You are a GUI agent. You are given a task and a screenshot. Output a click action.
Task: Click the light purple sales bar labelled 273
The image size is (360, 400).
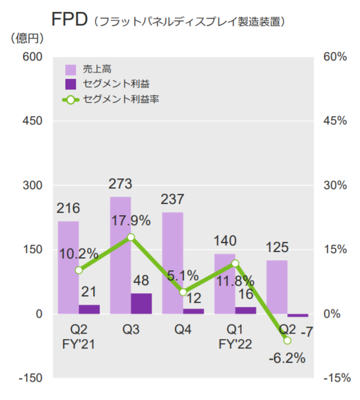click(x=120, y=255)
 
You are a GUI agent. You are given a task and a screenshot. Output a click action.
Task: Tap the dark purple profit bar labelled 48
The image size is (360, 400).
click(x=141, y=303)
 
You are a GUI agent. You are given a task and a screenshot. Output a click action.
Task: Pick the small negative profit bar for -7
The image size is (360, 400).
click(x=298, y=315)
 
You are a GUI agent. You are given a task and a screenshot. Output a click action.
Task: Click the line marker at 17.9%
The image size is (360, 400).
click(x=131, y=237)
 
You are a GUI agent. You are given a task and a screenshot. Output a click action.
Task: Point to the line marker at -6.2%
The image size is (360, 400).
click(x=288, y=340)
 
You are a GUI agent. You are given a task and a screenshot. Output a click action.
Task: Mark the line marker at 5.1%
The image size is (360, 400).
click(x=183, y=292)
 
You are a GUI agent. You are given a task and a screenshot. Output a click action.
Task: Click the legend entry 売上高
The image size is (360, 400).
click(x=97, y=69)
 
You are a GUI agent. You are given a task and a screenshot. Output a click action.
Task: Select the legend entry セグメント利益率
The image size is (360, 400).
click(x=121, y=99)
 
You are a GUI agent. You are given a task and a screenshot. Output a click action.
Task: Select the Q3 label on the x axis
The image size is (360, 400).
click(x=130, y=329)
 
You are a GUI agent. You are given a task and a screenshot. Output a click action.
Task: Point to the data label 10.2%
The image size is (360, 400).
click(x=78, y=254)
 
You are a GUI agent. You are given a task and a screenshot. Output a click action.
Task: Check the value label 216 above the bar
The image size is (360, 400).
click(x=68, y=209)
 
